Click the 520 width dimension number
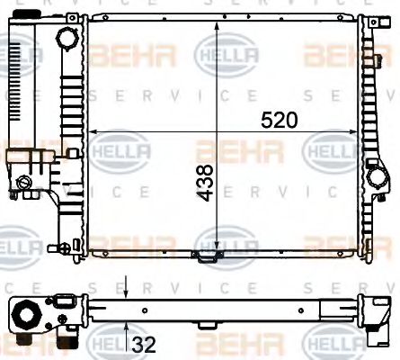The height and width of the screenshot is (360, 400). [x=278, y=118]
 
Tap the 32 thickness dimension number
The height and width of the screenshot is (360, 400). [x=145, y=343]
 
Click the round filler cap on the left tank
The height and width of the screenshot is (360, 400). [x=67, y=40]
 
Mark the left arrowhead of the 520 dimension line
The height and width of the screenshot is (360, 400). [x=90, y=130]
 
